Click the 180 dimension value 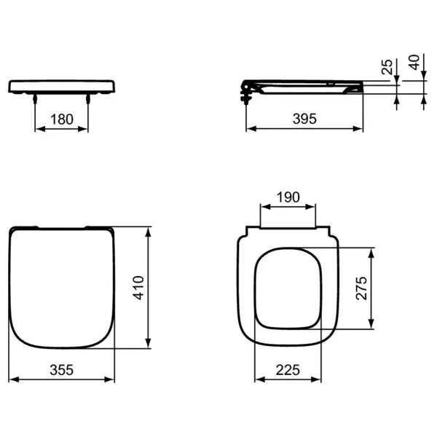point(63,119)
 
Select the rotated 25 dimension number point(386,68)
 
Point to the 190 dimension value point(288,197)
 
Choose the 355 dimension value point(63,370)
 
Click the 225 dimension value point(288,370)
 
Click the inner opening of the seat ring point(288,288)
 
